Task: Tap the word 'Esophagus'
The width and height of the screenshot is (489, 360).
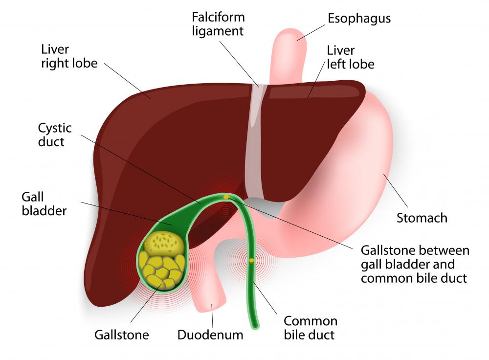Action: tap(359, 19)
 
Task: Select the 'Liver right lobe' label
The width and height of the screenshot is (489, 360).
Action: tap(69, 57)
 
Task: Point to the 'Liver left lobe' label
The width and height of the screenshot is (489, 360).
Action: tap(350, 57)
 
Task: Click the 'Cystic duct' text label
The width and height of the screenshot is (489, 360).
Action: tap(55, 135)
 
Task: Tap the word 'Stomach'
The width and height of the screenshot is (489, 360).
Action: tap(422, 218)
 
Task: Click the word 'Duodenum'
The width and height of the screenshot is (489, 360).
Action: tap(210, 335)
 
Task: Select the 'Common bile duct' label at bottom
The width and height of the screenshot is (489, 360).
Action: tap(311, 328)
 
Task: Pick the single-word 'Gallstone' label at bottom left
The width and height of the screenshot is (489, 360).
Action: tap(121, 335)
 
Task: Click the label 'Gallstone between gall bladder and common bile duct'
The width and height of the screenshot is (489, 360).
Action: tap(415, 264)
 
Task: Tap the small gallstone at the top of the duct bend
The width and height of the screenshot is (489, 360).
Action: tap(226, 197)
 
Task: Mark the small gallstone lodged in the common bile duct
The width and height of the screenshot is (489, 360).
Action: tap(251, 261)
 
